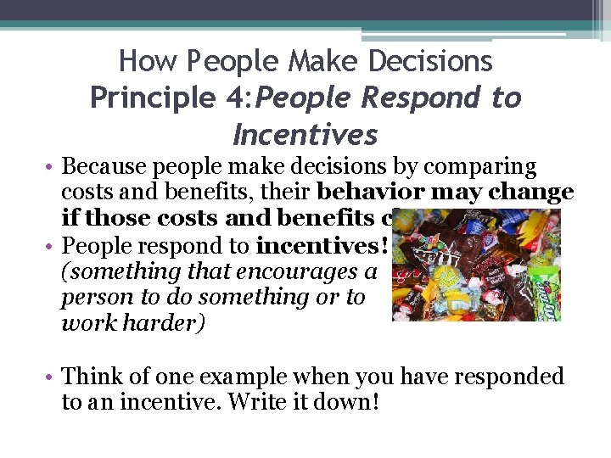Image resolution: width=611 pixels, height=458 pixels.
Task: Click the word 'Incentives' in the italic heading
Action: click(305, 135)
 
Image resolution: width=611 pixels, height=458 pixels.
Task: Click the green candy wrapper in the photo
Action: click(542, 289)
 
